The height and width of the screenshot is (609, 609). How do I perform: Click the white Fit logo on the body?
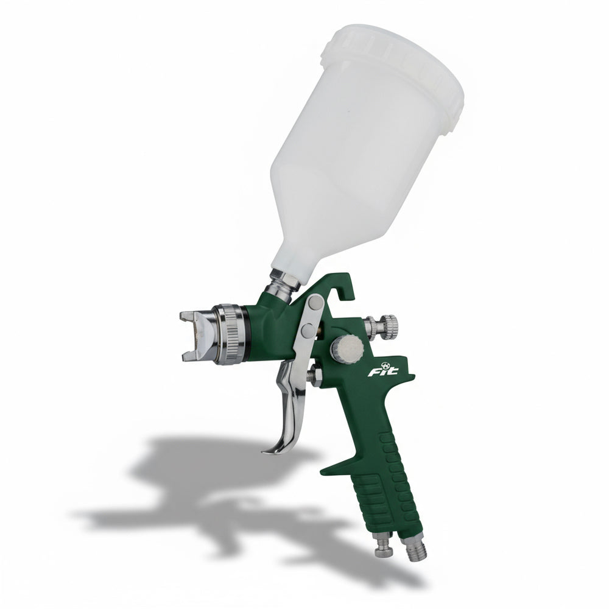pyautogui.click(x=383, y=370)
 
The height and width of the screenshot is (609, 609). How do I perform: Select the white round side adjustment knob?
pyautogui.click(x=347, y=347)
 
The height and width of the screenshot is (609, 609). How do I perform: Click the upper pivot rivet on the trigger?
pyautogui.click(x=315, y=303)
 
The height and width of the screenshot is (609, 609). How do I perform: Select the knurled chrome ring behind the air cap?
pyautogui.click(x=229, y=334)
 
